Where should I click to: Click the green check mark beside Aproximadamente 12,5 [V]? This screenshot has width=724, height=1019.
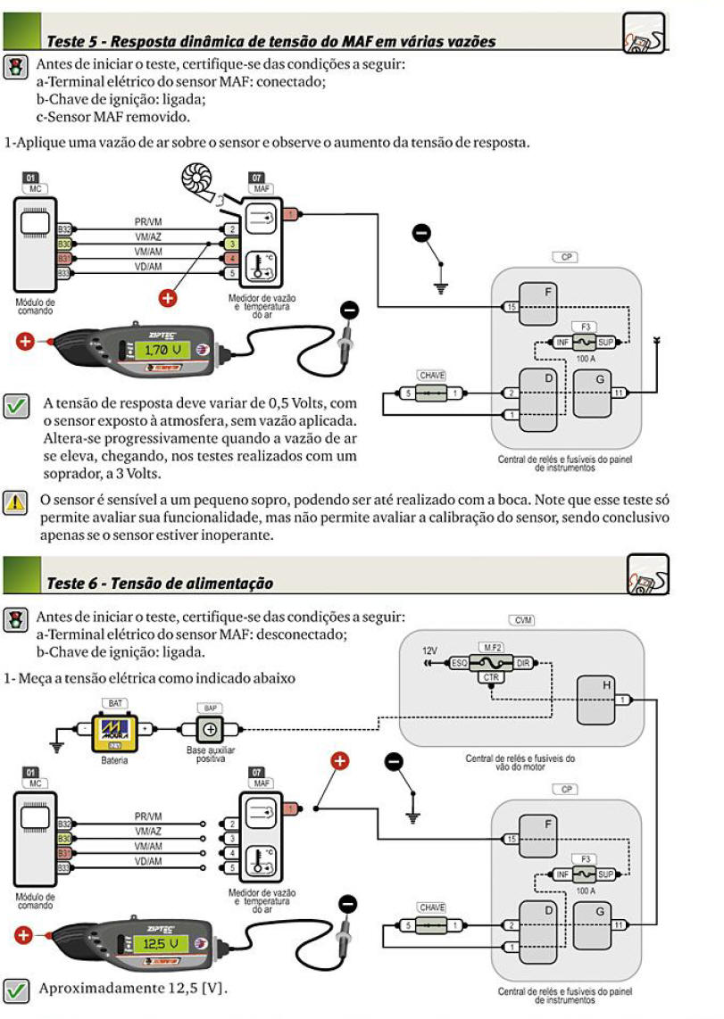[x=15, y=989]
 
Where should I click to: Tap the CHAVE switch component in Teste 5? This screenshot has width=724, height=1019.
[x=431, y=393]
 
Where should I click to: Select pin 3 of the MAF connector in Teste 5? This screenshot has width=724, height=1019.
[x=230, y=244]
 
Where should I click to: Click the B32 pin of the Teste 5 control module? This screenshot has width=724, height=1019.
[x=64, y=229]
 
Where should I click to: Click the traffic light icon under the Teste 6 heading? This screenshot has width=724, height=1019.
[x=15, y=618]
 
